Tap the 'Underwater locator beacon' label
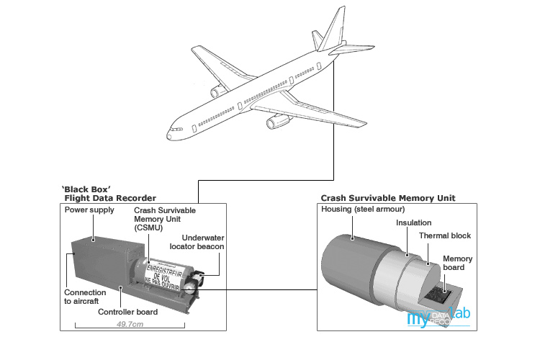point(196,241)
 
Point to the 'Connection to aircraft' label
point(85,297)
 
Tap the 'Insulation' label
point(415,223)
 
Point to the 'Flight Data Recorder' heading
point(110,197)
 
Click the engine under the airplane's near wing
point(277,122)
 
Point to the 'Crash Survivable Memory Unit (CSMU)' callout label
point(164,218)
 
